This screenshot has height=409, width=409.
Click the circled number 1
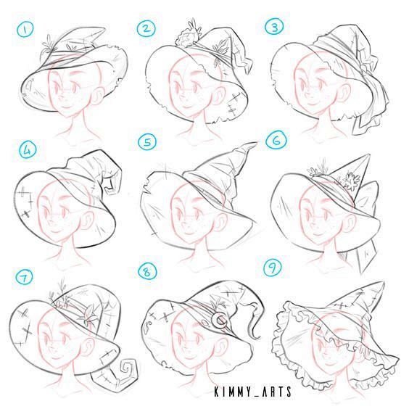[25, 30]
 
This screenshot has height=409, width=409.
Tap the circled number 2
[146, 28]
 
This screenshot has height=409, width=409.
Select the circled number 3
[274, 27]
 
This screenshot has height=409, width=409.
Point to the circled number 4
[28, 150]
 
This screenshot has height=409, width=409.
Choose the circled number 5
[147, 142]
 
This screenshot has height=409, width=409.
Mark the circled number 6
[276, 141]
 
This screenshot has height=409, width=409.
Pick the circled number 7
[24, 277]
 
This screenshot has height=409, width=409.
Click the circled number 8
[147, 272]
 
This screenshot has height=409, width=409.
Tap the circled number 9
[273, 268]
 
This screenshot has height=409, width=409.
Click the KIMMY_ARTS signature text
[253, 392]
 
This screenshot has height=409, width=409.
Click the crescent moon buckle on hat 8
[220, 320]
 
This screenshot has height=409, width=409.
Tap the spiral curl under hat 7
[128, 369]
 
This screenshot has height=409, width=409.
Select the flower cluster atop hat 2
[187, 36]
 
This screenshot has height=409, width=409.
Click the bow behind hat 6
[367, 198]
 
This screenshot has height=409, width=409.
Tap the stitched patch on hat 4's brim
[25, 202]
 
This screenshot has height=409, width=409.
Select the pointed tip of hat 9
[383, 284]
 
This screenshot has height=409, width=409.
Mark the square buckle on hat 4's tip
[109, 185]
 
